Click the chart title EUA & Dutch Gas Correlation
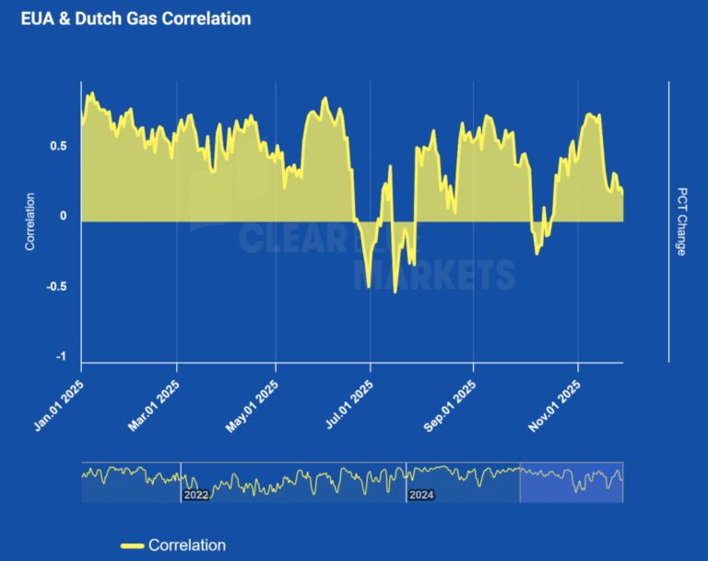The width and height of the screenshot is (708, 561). (x=136, y=18)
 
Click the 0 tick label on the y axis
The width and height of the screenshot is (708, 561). (x=63, y=216)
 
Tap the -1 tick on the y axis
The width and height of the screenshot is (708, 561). (x=61, y=357)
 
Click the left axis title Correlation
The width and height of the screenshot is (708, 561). (x=30, y=221)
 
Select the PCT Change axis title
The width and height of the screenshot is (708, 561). (x=681, y=221)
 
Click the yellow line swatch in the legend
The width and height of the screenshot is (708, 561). (x=131, y=545)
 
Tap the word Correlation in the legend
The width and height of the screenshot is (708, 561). (x=186, y=545)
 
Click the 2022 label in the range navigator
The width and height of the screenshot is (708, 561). (x=195, y=495)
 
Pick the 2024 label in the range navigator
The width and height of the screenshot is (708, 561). (x=420, y=495)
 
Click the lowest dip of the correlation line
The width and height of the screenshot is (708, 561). (x=395, y=292)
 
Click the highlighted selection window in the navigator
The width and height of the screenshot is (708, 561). (x=572, y=483)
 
